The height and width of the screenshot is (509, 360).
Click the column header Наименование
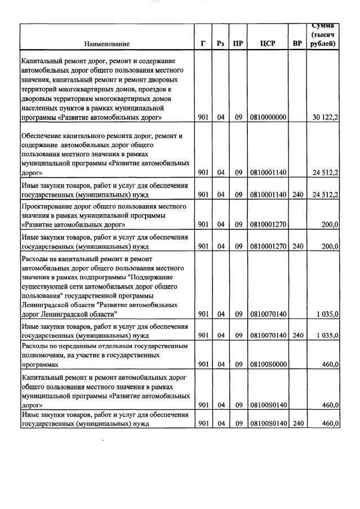click(106, 43)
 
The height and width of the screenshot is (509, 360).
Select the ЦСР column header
click(267, 43)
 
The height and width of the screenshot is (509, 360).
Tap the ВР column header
click(297, 43)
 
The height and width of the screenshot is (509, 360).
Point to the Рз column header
click(220, 43)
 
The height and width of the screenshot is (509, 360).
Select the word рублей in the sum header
click(323, 44)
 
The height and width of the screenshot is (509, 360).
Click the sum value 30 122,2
click(325, 117)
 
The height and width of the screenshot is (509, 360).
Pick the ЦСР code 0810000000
click(267, 117)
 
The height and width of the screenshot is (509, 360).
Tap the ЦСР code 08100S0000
click(267, 365)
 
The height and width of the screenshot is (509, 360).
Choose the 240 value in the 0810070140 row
click(297, 335)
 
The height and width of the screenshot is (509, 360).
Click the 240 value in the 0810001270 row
click(297, 246)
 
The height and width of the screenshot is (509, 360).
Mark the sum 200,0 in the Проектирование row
click(329, 224)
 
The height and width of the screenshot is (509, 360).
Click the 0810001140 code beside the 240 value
click(267, 195)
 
